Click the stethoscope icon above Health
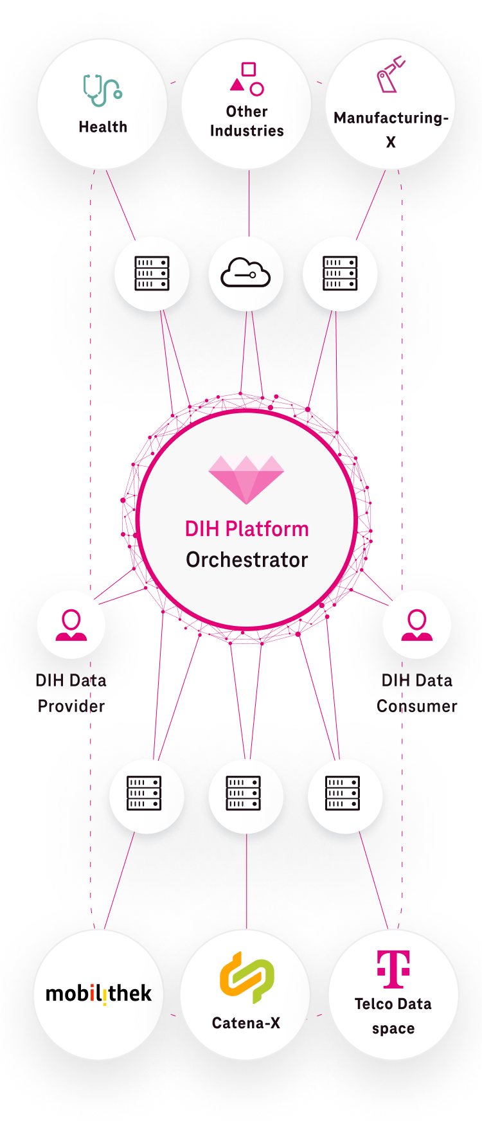[102, 90]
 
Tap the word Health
[103, 127]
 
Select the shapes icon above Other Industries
[247, 78]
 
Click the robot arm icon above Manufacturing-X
[390, 75]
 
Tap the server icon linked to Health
[152, 274]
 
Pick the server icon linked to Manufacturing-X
[340, 274]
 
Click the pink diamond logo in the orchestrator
[246, 479]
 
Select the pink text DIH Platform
[247, 529]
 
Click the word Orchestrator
[247, 560]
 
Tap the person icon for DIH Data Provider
[71, 625]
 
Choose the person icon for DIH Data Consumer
[417, 625]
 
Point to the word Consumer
[416, 706]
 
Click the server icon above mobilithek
[144, 793]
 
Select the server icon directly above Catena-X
[243, 793]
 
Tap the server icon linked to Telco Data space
[343, 793]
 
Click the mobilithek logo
[98, 994]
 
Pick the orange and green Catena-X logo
[247, 977]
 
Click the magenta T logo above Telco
[393, 969]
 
